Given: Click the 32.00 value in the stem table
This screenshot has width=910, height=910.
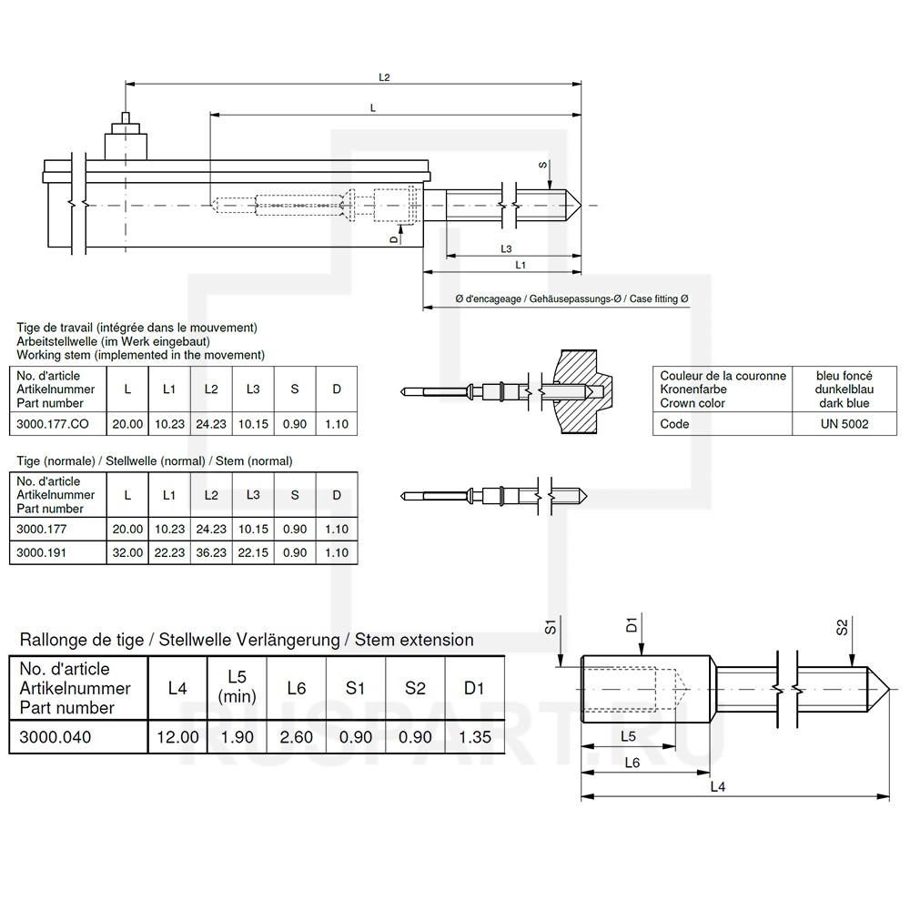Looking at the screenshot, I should pyautogui.click(x=127, y=551).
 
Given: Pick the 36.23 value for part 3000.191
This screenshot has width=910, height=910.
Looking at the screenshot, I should pyautogui.click(x=211, y=551).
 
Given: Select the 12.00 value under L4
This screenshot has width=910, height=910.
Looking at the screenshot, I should pyautogui.click(x=177, y=736).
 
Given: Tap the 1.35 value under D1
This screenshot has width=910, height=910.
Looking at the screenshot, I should pyautogui.click(x=473, y=736).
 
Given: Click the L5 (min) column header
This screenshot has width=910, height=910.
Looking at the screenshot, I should pyautogui.click(x=237, y=688).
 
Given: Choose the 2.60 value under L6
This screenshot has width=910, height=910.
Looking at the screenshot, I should pyautogui.click(x=296, y=736).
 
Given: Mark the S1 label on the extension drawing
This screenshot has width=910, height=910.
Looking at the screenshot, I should pyautogui.click(x=551, y=626).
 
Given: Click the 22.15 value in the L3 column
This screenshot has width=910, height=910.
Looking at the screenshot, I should pyautogui.click(x=253, y=551).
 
